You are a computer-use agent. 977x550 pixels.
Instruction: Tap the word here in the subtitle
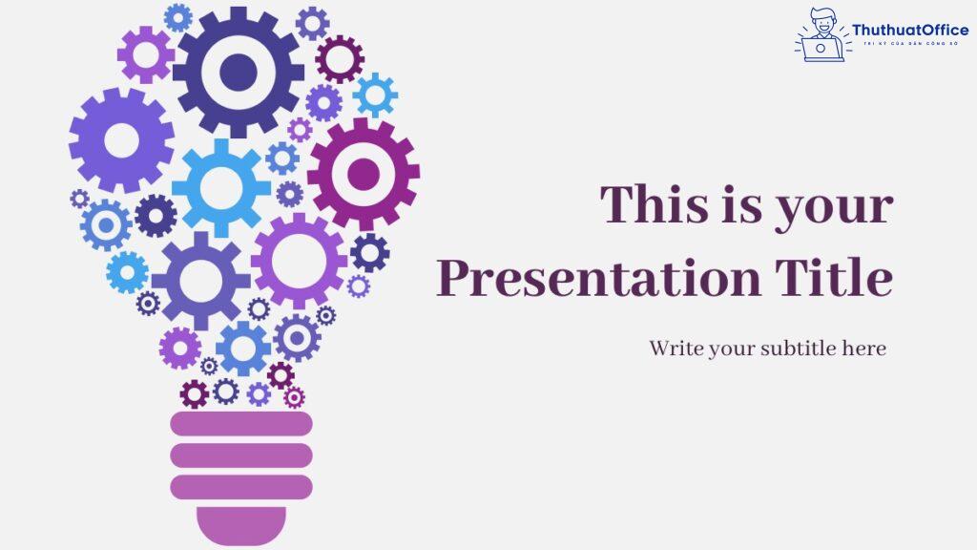pyautogui.click(x=864, y=349)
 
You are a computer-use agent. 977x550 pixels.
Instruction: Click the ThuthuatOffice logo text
pyautogui.click(x=909, y=31)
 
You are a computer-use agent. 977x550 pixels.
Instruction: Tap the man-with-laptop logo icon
pyautogui.click(x=821, y=35)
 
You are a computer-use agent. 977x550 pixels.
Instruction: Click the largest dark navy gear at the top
pyautogui.click(x=239, y=69)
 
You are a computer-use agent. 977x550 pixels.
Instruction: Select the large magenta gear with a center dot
pyautogui.click(x=364, y=174)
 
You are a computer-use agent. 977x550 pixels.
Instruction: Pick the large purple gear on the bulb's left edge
pyautogui.click(x=121, y=140)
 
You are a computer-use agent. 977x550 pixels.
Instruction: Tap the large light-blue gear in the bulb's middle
pyautogui.click(x=221, y=185)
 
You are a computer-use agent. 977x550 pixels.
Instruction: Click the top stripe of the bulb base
pyautogui.click(x=241, y=424)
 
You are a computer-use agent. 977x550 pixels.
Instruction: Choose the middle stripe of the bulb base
pyautogui.click(x=241, y=455)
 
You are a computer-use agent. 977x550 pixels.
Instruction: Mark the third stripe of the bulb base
pyautogui.click(x=241, y=487)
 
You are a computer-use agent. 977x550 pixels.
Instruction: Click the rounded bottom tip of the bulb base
pyautogui.click(x=241, y=525)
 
